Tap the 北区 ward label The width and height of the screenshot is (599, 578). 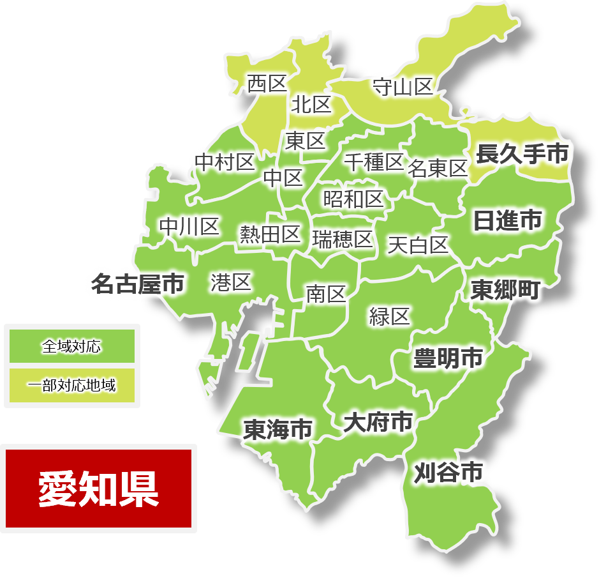tap(311, 104)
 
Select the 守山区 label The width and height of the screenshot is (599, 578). tap(403, 87)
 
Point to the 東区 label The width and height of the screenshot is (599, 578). tap(305, 141)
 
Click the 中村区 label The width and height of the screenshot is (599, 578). tap(225, 162)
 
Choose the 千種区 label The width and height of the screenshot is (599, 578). tap(374, 162)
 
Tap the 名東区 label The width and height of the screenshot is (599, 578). tap(438, 169)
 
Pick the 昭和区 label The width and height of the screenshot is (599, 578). tap(353, 199)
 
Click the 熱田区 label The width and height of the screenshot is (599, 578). tap(270, 234)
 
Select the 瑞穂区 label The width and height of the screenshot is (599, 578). tap(343, 240)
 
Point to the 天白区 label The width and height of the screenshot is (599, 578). tap(418, 245)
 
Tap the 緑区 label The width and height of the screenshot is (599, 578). tap(389, 316)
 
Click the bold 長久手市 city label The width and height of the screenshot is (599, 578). tap(522, 154)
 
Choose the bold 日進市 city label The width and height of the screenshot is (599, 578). tap(507, 220)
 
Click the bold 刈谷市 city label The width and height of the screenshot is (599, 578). tap(448, 473)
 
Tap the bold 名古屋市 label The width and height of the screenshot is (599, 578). tap(137, 284)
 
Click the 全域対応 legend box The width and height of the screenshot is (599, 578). tap(71, 347)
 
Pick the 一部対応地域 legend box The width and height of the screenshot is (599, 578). tap(71, 385)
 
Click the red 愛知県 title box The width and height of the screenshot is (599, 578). tap(99, 489)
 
